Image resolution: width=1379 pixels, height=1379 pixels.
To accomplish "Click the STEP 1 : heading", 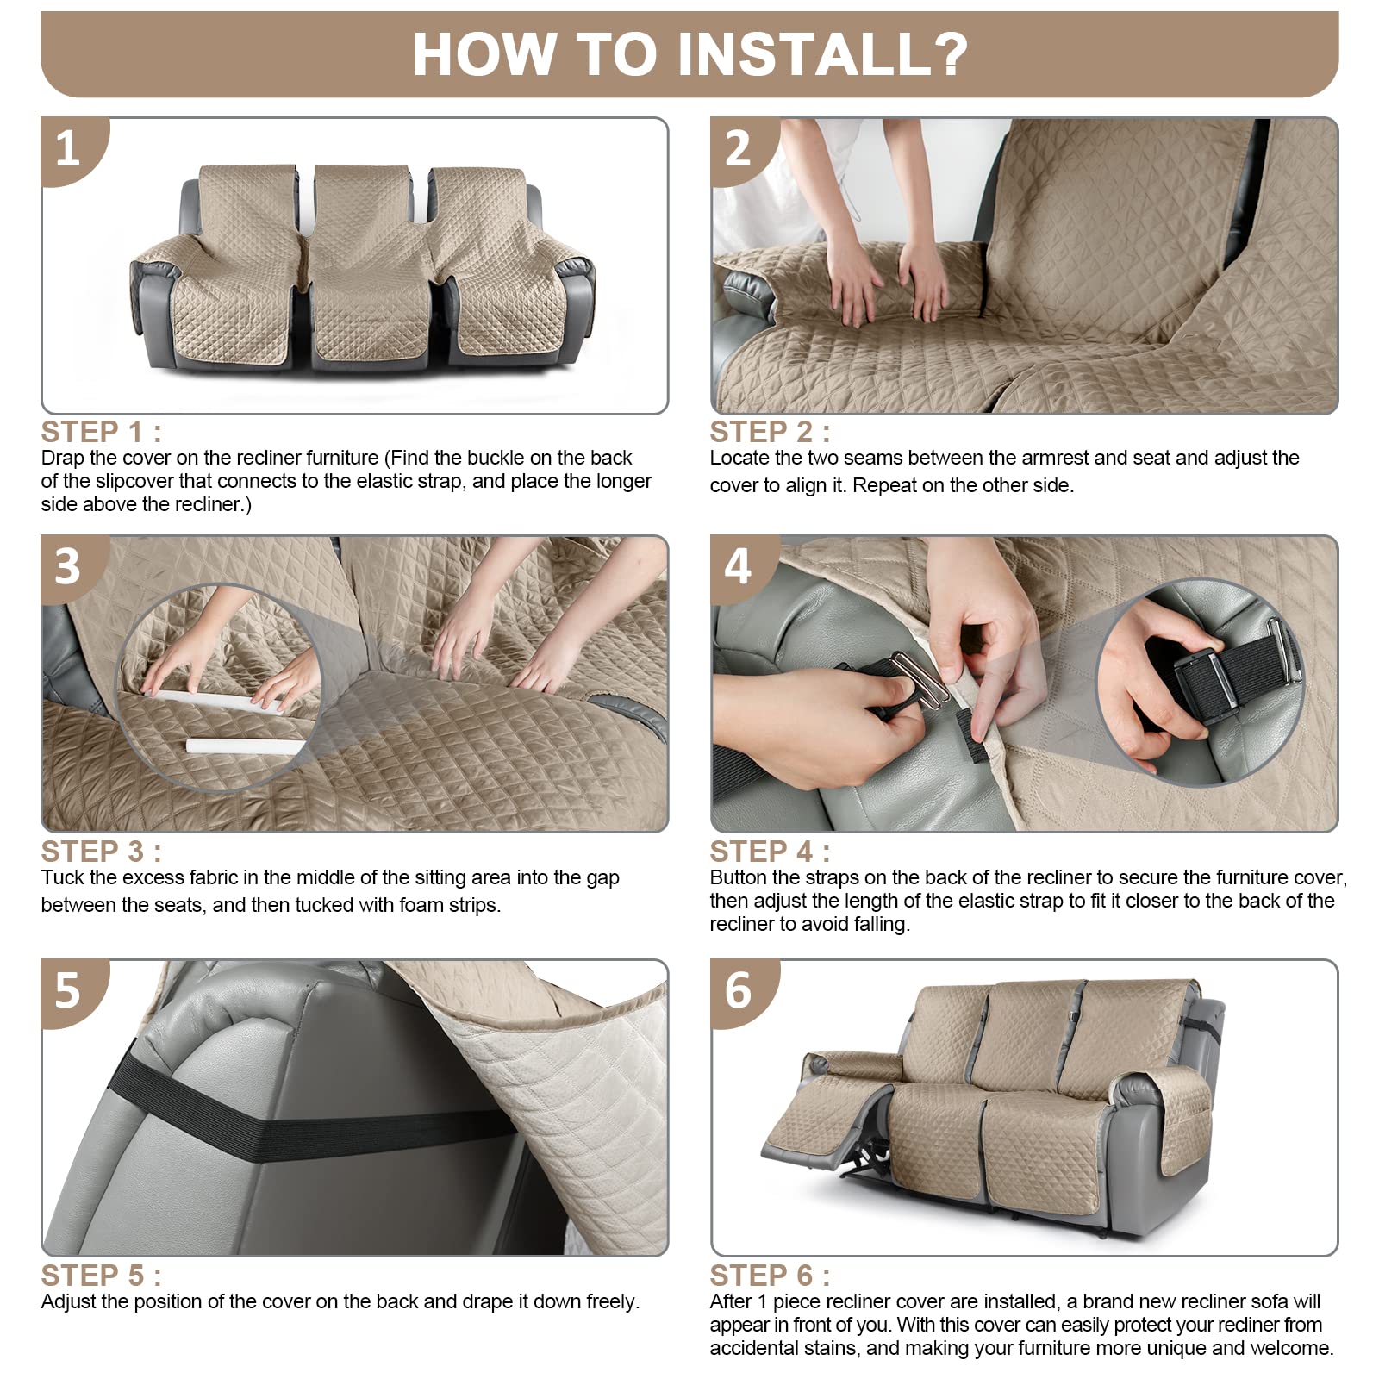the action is coord(101,432).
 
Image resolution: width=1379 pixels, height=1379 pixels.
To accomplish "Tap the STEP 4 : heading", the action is coord(770,852).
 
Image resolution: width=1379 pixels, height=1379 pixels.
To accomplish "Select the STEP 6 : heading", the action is coord(770,1276).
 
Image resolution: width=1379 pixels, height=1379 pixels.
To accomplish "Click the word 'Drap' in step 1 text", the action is coord(62,459).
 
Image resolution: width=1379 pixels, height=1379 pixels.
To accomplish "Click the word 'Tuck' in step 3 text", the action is coord(61,877).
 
